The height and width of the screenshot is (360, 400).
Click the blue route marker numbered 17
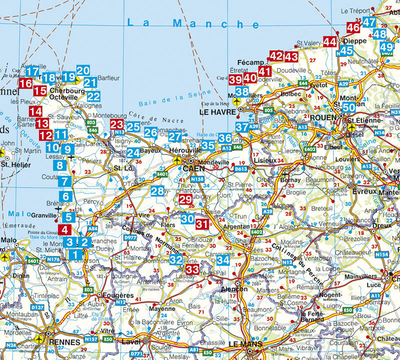pos(32,71)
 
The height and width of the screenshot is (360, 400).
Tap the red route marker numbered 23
pos(117,124)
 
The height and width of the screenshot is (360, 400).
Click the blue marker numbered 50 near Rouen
pos(349,107)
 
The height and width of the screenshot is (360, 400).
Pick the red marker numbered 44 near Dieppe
pos(329,42)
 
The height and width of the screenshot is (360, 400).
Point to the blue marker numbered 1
pos(75,254)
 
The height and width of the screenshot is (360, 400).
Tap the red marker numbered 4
pos(64,230)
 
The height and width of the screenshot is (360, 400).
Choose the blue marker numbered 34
pos(223,260)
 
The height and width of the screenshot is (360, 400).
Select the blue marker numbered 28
pos(157,191)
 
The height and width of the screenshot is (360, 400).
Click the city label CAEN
pos(194,168)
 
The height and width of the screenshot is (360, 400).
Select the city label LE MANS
pos(245,344)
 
